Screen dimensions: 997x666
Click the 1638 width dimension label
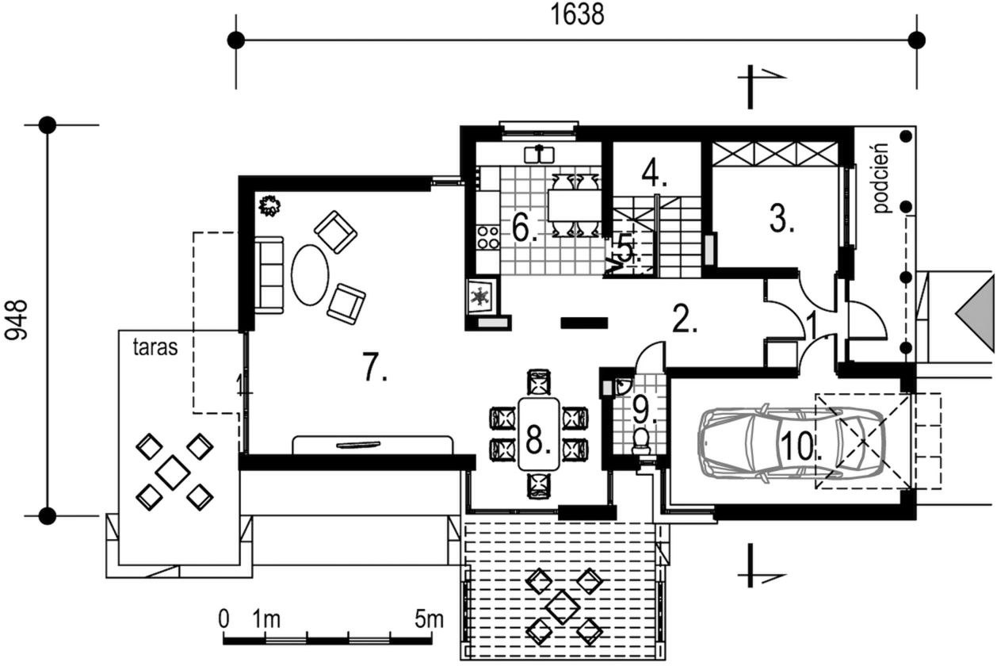pyautogui.click(x=577, y=15)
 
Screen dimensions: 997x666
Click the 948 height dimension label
pyautogui.click(x=16, y=320)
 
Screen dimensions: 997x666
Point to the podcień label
pyautogui.click(x=880, y=178)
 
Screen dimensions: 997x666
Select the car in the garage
pyautogui.click(x=791, y=443)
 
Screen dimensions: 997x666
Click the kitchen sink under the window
pyautogui.click(x=540, y=155)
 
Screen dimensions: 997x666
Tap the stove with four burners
pyautogui.click(x=488, y=236)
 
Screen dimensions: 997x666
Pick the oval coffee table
pyautogui.click(x=310, y=274)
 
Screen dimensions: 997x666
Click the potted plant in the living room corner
pyautogui.click(x=270, y=206)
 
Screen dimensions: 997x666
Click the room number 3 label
pyautogui.click(x=781, y=219)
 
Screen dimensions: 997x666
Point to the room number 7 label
pyautogui.click(x=375, y=367)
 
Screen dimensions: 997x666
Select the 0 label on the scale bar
pyautogui.click(x=223, y=618)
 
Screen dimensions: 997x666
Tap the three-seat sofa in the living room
pyautogui.click(x=269, y=274)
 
